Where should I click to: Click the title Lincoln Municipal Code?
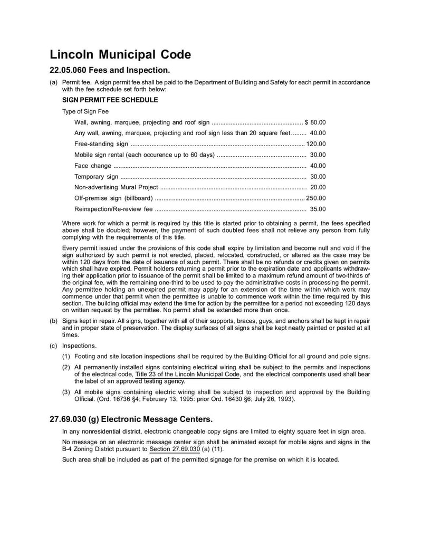coord(120,54)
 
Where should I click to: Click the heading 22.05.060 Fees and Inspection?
coord(110,70)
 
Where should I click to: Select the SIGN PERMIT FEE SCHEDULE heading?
coord(110,99)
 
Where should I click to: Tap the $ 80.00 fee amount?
coord(315,122)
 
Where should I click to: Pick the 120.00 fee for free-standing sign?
coord(316,143)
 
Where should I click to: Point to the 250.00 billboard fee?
coord(316,198)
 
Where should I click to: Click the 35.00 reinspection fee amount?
coord(318,209)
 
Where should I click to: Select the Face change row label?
coord(93,166)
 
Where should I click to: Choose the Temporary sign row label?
coord(97,177)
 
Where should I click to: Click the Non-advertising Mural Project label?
coord(116,187)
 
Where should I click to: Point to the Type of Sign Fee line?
coord(85,111)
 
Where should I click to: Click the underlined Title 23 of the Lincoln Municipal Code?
coord(188,374)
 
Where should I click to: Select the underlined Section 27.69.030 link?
coord(175,449)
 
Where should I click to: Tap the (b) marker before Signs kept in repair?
coord(54,321)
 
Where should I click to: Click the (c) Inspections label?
coord(73,346)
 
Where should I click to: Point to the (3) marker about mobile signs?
coord(66,392)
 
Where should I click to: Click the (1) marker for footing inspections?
coord(66,357)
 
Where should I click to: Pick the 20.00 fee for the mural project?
coord(318,187)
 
